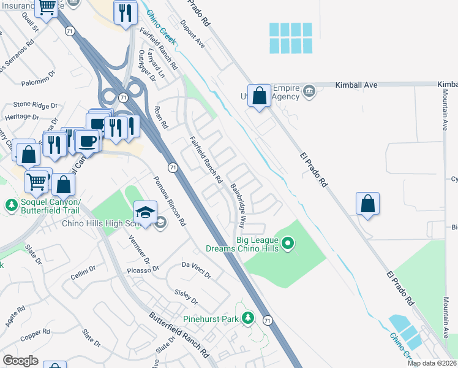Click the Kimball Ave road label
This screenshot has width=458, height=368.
pos(356,85)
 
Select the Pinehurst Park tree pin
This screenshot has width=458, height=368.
pos(248,318)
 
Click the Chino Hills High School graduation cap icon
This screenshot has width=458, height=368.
pos(145,213)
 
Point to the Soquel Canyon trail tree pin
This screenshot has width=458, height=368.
pos(10,204)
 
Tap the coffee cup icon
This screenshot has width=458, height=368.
pos(88,140)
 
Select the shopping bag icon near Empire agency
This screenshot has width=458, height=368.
pos(260,96)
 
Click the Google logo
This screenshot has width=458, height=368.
pos(20,361)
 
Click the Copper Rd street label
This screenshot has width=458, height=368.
pos(35,335)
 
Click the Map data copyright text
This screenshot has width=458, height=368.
pos(432,363)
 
